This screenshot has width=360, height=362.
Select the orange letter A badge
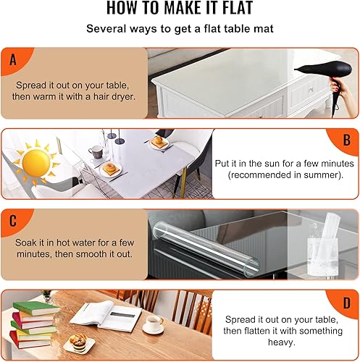pyautogui.click(x=12, y=61)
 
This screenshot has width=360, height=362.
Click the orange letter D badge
pyautogui.click(x=346, y=304)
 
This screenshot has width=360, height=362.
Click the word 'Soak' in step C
pyautogui.click(x=28, y=240)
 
